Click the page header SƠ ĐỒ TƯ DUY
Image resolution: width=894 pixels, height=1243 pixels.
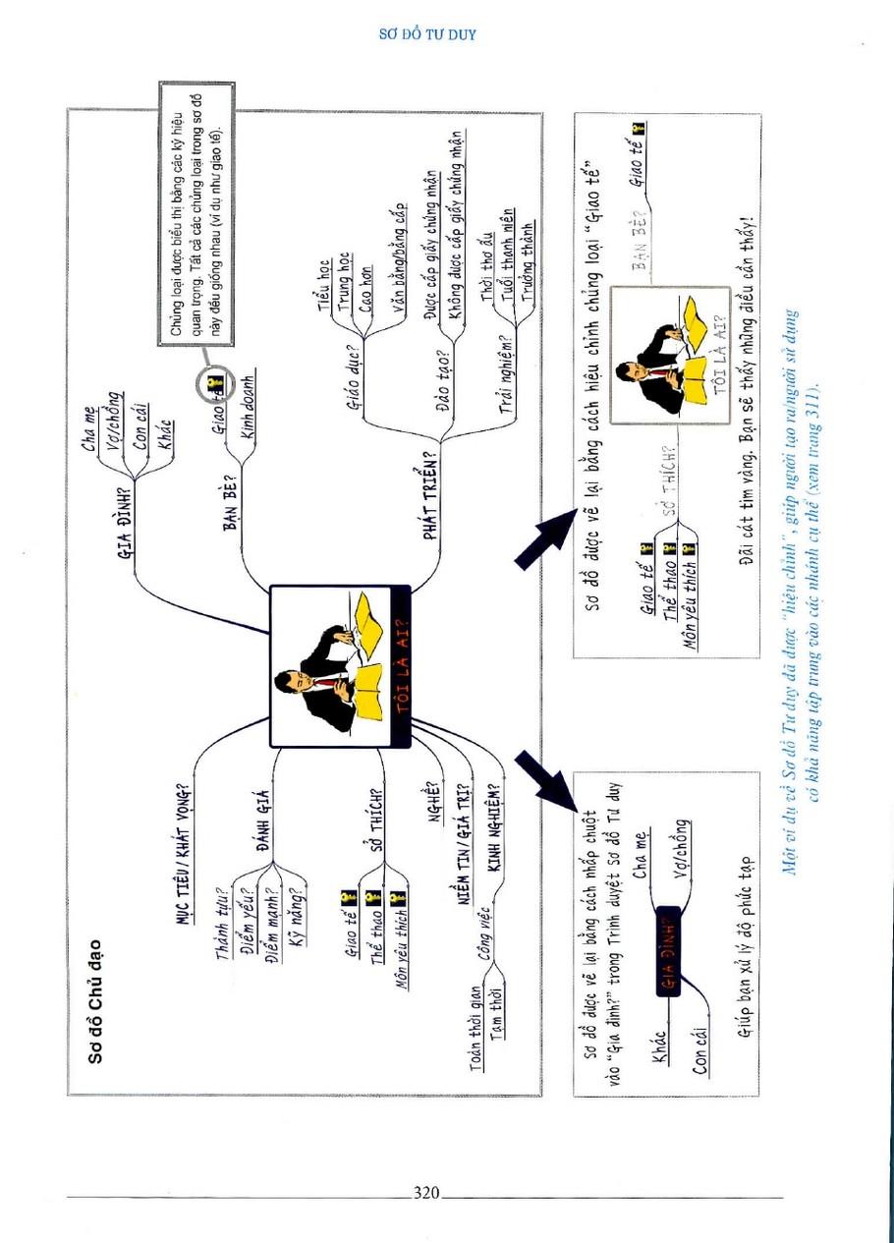coord(427,34)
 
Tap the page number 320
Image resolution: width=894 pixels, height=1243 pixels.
coord(425,1193)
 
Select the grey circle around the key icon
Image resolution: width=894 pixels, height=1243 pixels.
coord(213,384)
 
